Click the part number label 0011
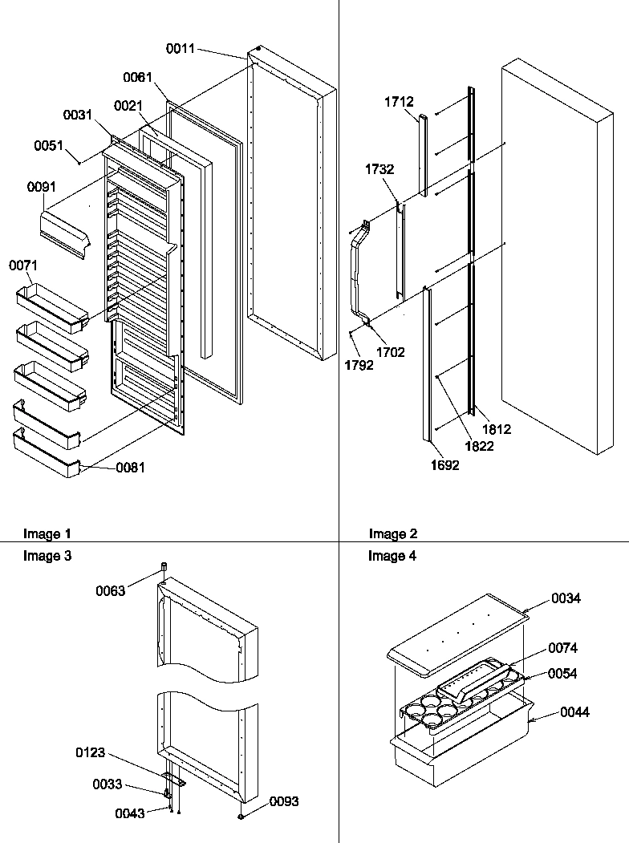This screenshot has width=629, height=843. [x=181, y=50]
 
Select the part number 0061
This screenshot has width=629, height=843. [x=137, y=78]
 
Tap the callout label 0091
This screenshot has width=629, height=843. [x=42, y=187]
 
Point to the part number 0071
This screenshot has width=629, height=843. [x=23, y=265]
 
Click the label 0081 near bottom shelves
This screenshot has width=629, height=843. [x=131, y=468]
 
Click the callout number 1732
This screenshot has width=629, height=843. [x=379, y=169]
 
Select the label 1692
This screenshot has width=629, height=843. [x=444, y=465]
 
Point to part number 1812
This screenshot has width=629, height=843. [x=497, y=430]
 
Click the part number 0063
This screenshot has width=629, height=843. [x=110, y=591]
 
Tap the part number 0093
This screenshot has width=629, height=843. [x=284, y=801]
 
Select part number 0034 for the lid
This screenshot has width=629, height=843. [x=566, y=598]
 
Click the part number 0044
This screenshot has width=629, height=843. [x=575, y=712]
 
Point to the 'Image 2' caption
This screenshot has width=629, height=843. [x=393, y=534]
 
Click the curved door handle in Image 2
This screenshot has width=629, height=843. [x=356, y=273]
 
